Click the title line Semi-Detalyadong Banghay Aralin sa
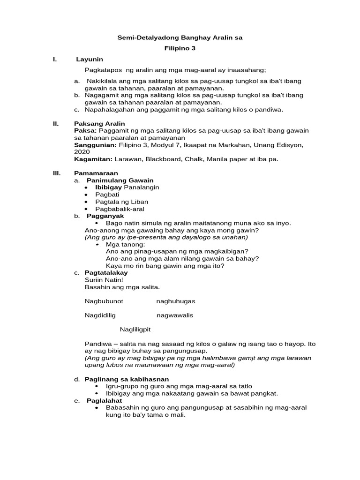coord(180,37)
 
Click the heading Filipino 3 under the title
coord(180,48)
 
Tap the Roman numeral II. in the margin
coord(56,123)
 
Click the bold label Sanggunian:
coord(93,145)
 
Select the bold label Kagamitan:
coord(93,159)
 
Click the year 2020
coord(82,152)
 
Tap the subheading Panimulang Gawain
coord(120,180)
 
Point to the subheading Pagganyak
coord(105,216)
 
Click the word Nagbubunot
coord(104,301)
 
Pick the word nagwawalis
coord(174,315)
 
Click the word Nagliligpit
coord(136,330)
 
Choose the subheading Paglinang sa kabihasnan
coord(127,379)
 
